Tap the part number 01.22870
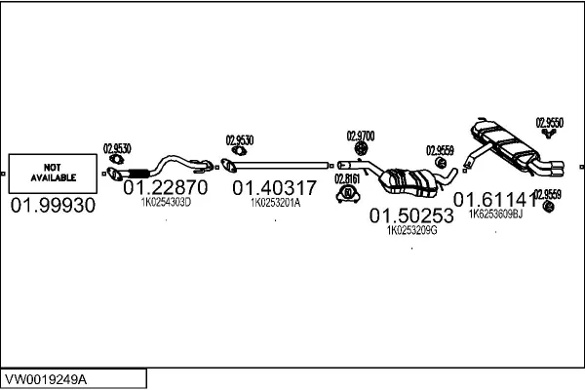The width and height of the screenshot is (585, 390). (x=166, y=187)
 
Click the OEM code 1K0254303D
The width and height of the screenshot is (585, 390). (x=166, y=203)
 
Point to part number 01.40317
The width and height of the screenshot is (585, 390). (x=274, y=187)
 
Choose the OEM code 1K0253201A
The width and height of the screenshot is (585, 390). (x=275, y=203)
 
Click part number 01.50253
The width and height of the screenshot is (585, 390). (x=411, y=216)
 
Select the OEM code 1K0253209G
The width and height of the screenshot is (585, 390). (x=411, y=231)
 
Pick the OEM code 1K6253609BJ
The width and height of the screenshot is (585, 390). (x=495, y=214)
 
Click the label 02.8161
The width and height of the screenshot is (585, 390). (x=346, y=178)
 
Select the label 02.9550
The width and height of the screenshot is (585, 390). (x=550, y=122)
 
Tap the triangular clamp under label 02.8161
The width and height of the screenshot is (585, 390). (x=346, y=194)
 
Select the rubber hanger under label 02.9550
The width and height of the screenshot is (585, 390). (x=548, y=135)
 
